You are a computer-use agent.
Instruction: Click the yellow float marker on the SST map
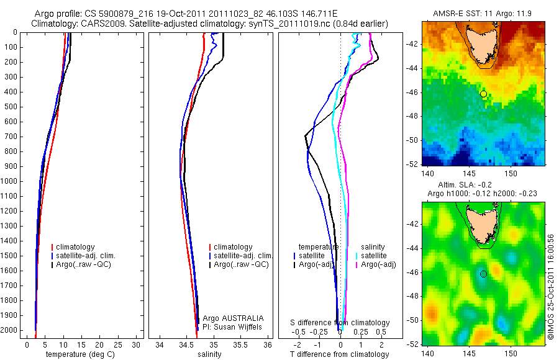483,94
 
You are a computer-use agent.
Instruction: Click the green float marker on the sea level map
483,274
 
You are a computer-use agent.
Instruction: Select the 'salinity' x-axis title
209,354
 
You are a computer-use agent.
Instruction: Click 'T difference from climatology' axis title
339,354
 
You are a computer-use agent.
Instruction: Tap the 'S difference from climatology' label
340,323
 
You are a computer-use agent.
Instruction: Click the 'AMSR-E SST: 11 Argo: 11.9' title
483,13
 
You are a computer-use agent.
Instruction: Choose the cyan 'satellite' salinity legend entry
374,256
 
